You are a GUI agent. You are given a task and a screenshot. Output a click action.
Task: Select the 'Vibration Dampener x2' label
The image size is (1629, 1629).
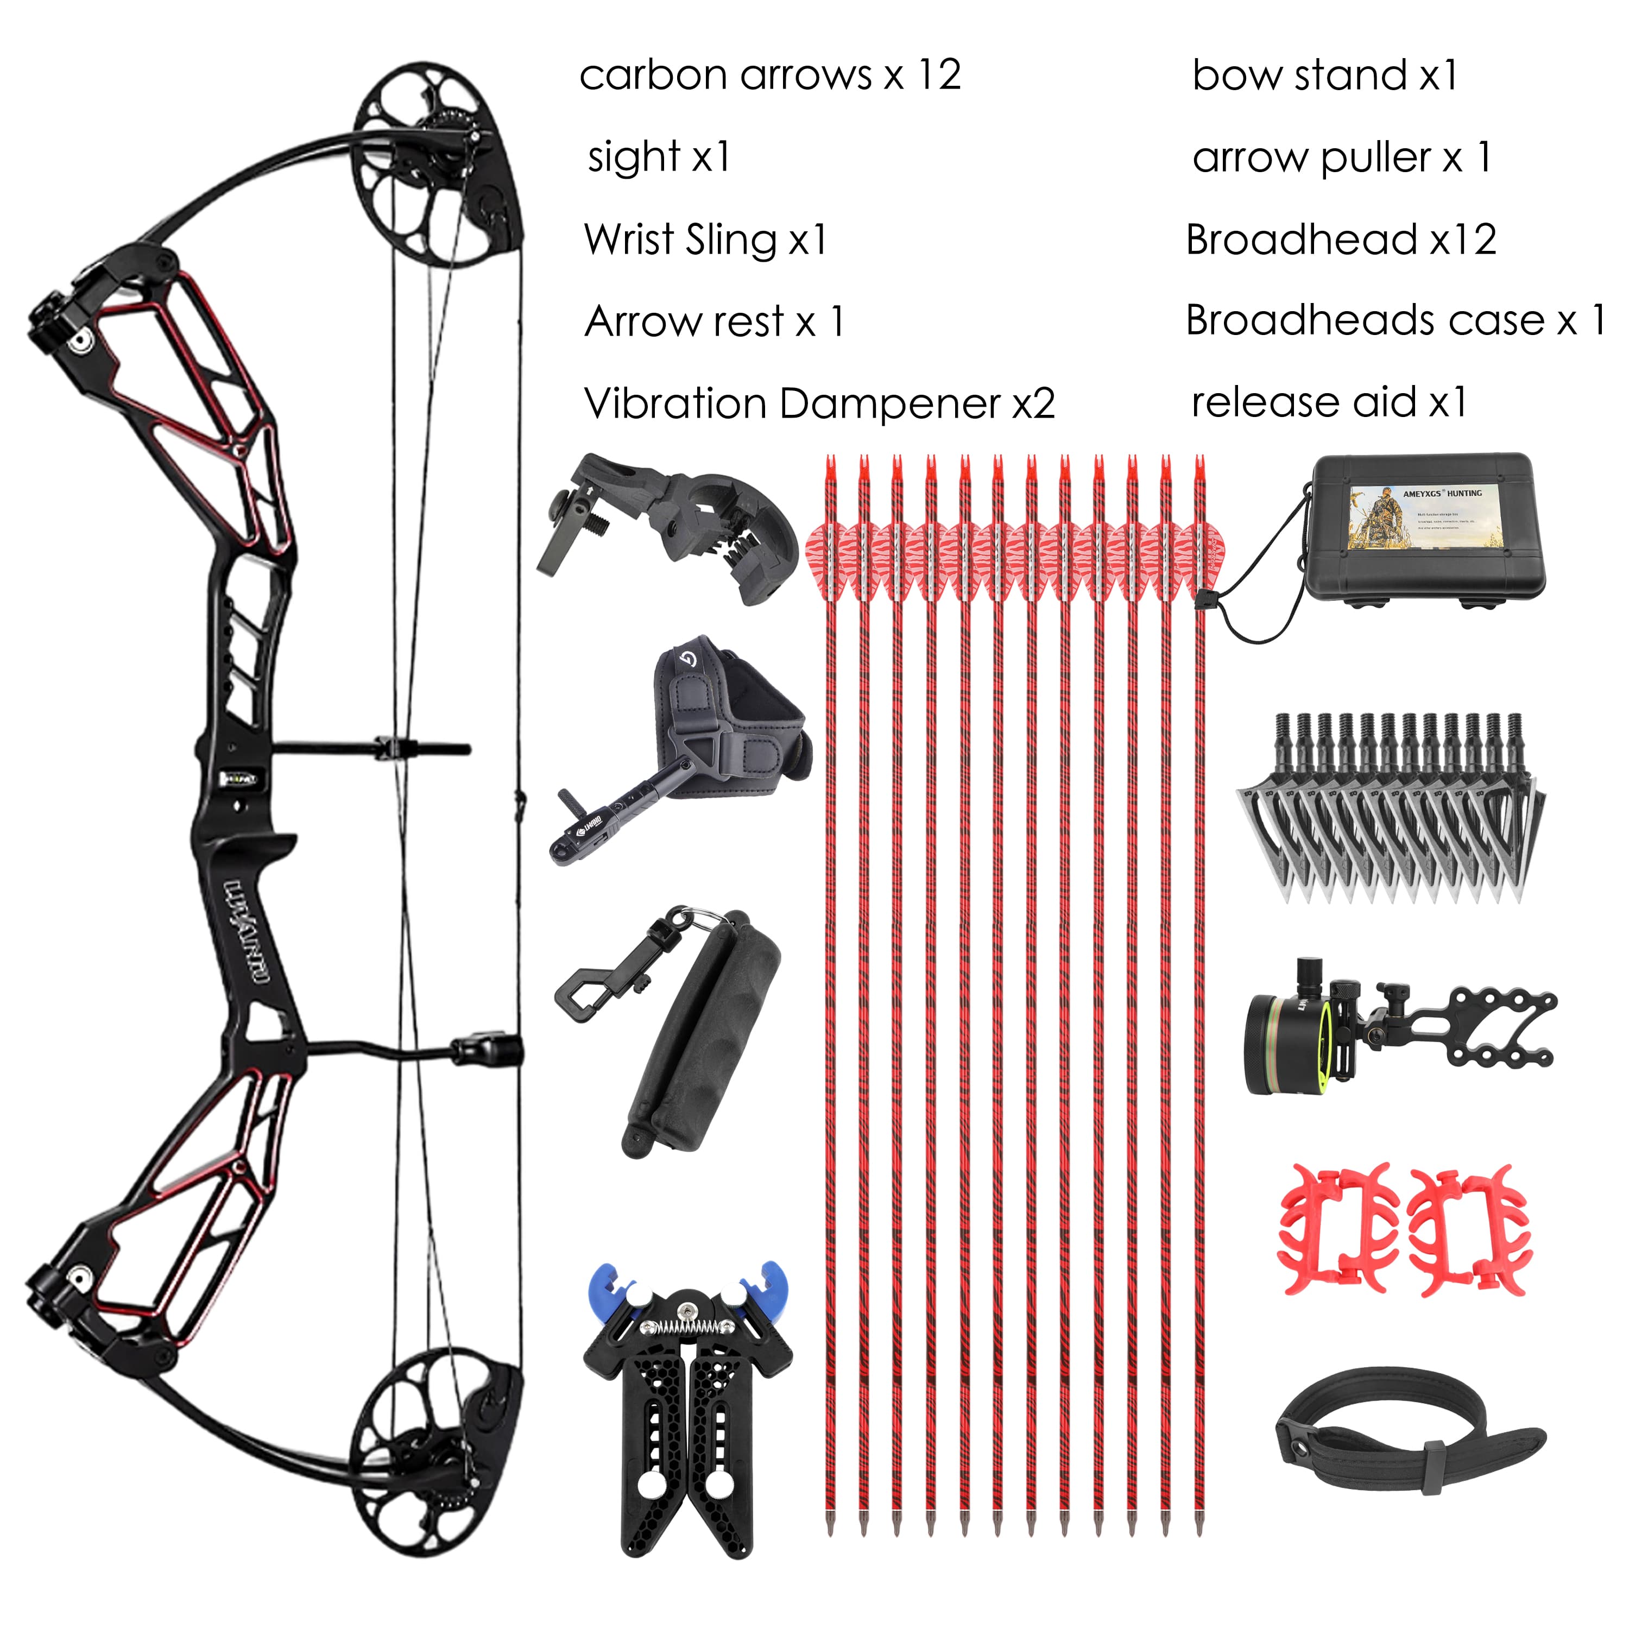(819, 404)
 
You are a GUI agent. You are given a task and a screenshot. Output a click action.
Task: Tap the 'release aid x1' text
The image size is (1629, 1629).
(1329, 402)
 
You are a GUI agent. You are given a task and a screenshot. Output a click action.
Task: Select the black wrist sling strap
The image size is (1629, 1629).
(1408, 1451)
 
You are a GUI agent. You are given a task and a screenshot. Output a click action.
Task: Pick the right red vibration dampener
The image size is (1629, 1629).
(1470, 1231)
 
